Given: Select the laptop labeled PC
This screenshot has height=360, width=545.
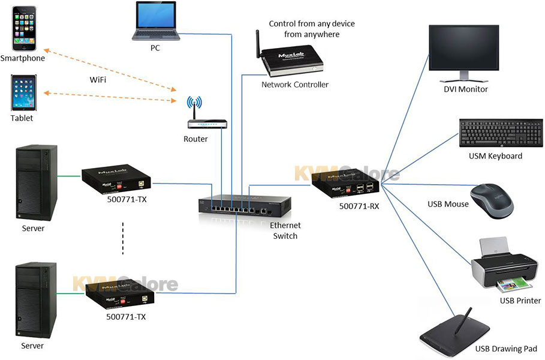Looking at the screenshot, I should (156, 21).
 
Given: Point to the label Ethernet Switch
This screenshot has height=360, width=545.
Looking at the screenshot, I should (285, 230).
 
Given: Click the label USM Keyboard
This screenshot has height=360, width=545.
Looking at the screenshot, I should (495, 156).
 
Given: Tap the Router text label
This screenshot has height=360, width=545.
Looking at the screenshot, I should (195, 139).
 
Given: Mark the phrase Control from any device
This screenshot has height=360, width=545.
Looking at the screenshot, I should (312, 24).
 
